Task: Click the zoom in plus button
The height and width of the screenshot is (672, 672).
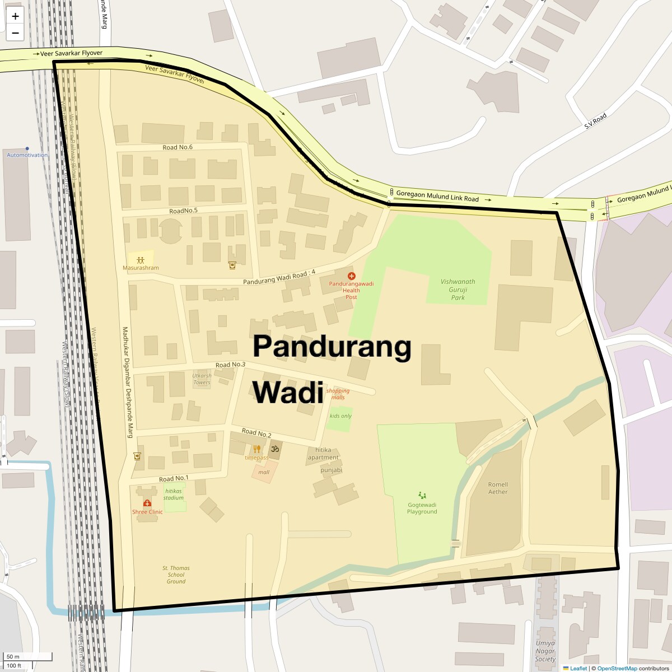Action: (15, 17)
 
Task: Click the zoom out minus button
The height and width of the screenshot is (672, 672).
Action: (15, 32)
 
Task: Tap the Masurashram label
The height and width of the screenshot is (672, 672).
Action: (141, 268)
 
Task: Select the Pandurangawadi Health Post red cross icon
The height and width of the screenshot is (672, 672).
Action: (351, 276)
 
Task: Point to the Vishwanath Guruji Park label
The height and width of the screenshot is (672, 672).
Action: (458, 290)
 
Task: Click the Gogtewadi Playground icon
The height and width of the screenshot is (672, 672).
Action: (422, 495)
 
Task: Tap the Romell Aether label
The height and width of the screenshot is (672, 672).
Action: (498, 488)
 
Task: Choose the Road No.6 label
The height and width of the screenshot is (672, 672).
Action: (178, 147)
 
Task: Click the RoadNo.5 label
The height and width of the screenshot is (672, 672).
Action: (184, 211)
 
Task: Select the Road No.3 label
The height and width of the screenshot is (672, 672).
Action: (230, 365)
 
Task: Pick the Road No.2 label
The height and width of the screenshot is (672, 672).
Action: (256, 433)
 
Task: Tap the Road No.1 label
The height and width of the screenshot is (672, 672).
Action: (174, 479)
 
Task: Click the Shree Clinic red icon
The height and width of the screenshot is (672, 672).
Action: (147, 503)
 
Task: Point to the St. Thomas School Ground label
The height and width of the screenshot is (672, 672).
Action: (176, 575)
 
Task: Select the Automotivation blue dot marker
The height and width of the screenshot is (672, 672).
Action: (27, 149)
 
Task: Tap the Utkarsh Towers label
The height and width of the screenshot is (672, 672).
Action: (202, 379)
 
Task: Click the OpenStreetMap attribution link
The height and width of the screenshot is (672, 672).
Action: (617, 668)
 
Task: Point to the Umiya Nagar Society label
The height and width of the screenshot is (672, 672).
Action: (545, 651)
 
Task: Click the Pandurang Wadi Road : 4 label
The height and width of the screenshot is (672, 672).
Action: (279, 277)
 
